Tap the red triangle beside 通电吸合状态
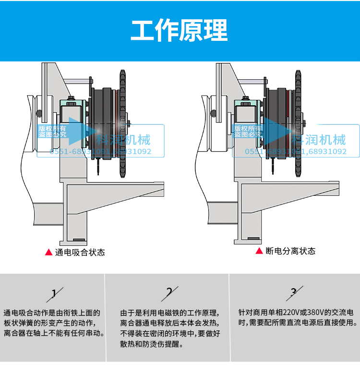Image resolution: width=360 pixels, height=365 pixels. coord(48,252)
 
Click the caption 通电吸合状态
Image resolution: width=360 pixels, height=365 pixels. coord(80,252)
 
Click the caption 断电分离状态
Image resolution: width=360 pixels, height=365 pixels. coord(290,251)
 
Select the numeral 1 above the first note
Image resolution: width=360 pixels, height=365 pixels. coord(54,292)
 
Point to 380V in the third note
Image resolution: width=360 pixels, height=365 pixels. coord(316,312)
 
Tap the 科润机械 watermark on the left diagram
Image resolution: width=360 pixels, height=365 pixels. coord(123,140)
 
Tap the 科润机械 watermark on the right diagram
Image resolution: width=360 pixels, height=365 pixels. coord(319,140)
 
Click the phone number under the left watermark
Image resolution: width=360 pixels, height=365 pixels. coord(100,152)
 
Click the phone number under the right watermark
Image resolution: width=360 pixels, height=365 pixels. coord(296,152)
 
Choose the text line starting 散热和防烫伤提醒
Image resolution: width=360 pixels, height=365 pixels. coord(151,344)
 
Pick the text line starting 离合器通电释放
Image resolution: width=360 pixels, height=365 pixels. coord(170,323)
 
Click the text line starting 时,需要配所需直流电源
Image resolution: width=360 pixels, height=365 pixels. coord(298,323)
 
